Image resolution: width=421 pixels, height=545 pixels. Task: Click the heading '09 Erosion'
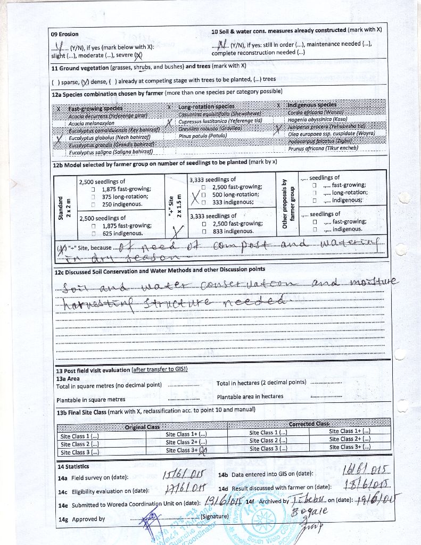64,34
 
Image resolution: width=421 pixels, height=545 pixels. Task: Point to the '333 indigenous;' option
233,202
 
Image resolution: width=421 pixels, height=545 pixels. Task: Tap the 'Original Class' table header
142,427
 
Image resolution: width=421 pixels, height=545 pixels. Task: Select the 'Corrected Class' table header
309,424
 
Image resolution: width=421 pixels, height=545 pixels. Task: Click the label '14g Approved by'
81,519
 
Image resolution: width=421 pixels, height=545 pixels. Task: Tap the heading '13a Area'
68,378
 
